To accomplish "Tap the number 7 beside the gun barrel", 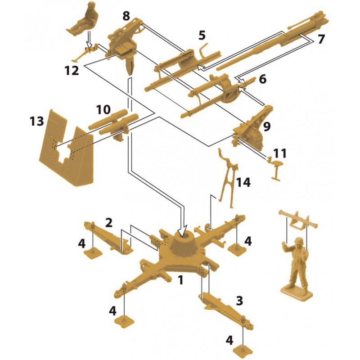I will (x=321, y=39).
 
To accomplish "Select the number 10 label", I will (x=103, y=109).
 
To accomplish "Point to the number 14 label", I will (x=243, y=182).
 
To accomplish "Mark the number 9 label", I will (x=267, y=127).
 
